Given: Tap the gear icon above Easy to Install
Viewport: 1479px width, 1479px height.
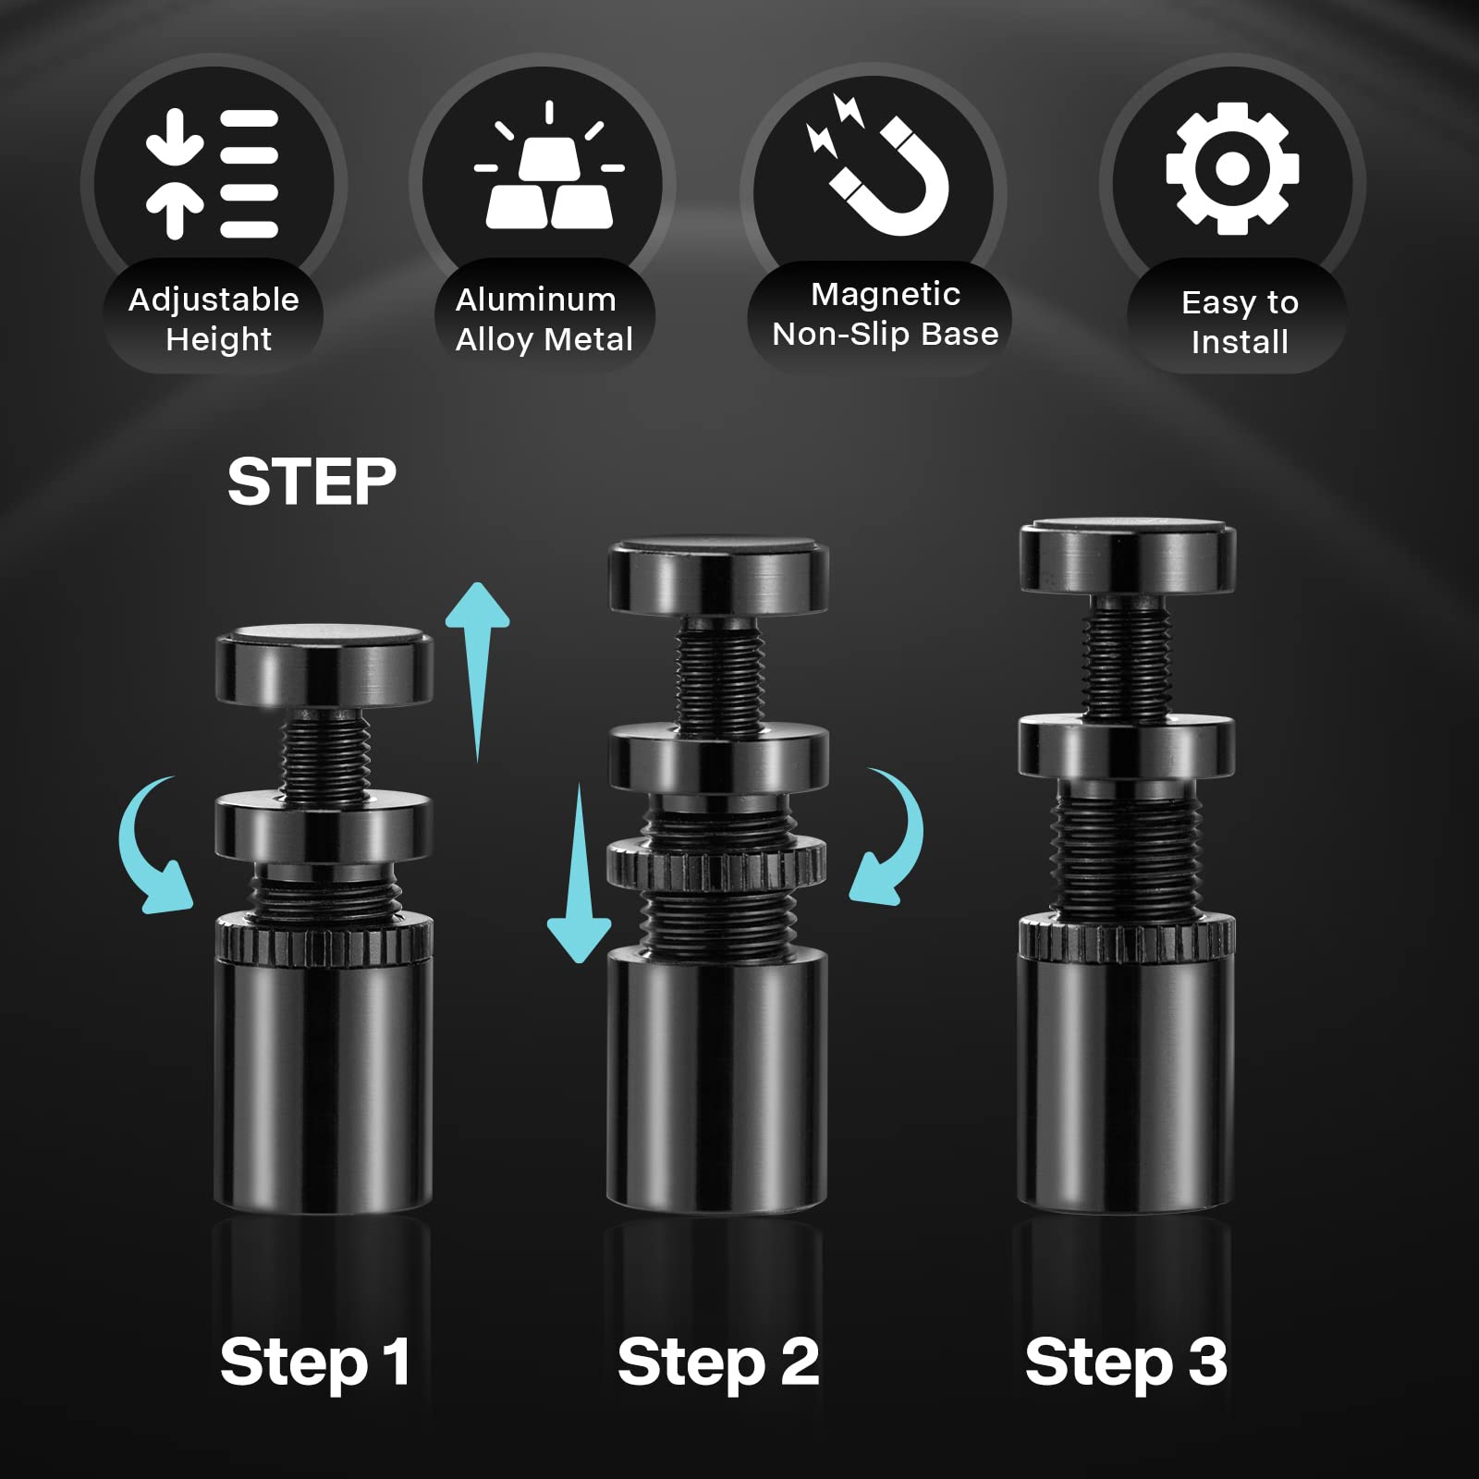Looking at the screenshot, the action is click(1232, 167).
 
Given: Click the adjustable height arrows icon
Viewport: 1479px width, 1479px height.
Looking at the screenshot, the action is click(212, 173).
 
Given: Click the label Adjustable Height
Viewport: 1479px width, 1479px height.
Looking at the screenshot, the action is click(214, 319).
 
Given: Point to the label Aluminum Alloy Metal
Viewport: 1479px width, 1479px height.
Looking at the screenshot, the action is click(544, 319).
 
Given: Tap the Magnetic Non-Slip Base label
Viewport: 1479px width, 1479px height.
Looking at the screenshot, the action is click(886, 314).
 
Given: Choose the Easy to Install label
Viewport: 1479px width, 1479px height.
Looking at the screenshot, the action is click(1240, 322).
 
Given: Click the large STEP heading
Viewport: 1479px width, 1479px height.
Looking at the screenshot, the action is click(312, 482).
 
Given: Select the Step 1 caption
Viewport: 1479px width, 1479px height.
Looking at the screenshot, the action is click(315, 1363).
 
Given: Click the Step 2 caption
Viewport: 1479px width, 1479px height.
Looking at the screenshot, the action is click(718, 1363).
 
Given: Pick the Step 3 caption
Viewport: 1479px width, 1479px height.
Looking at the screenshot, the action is click(1126, 1363).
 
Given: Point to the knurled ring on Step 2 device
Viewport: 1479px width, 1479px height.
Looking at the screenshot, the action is click(715, 862).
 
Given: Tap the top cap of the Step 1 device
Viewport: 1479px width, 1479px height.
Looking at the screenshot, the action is click(324, 666).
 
